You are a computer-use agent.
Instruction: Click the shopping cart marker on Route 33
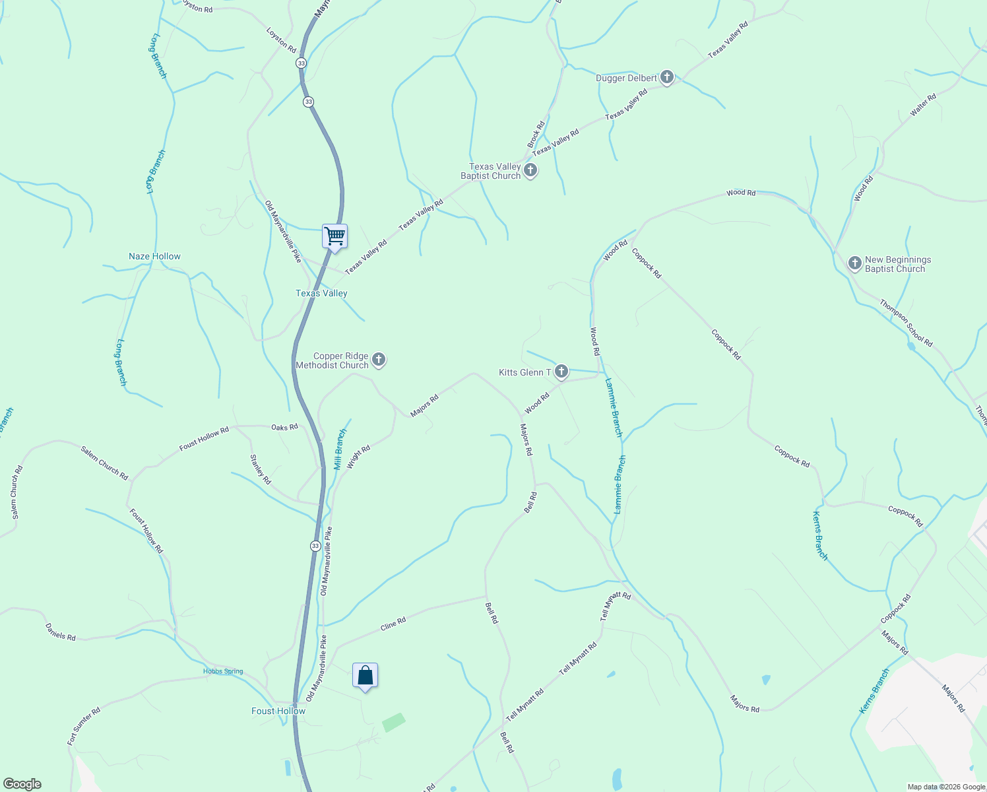[334, 236]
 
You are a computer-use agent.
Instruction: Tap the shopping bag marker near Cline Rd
[365, 676]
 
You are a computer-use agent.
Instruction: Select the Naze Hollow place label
[154, 256]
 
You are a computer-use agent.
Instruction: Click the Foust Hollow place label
[278, 711]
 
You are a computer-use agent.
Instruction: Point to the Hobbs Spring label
[223, 671]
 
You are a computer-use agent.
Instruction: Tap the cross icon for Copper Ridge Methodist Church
[379, 360]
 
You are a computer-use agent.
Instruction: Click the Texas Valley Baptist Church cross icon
[530, 171]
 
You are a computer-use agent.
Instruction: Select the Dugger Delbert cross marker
[667, 78]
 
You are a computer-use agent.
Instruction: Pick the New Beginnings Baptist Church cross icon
[855, 264]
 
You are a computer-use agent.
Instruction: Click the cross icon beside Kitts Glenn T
[561, 372]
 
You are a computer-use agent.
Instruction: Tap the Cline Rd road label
[393, 623]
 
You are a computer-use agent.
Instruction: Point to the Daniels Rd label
[61, 632]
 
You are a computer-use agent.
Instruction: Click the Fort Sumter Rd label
[84, 726]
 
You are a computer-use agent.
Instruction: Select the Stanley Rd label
[261, 469]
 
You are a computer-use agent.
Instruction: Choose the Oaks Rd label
[284, 428]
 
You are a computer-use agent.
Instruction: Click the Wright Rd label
[359, 457]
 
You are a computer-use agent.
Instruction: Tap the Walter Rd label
[923, 106]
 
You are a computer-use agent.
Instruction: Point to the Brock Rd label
[536, 134]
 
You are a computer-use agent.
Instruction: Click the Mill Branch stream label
[340, 449]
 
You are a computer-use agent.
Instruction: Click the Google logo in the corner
[22, 784]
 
